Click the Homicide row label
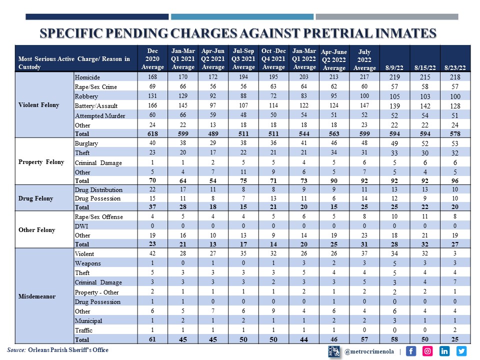coord(87,77)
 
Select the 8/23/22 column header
coord(455,67)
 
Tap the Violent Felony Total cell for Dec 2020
coord(152,134)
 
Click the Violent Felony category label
coord(39,105)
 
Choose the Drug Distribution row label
coord(98,189)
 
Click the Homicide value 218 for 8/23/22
coord(455,77)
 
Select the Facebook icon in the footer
coord(411,351)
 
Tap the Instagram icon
coord(428,351)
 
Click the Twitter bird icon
coord(461,351)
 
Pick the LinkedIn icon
coord(444,351)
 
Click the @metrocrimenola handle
coord(369,351)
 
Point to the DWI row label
coord(81,226)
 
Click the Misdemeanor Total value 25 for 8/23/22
coord(455,340)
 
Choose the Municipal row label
coord(88,320)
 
